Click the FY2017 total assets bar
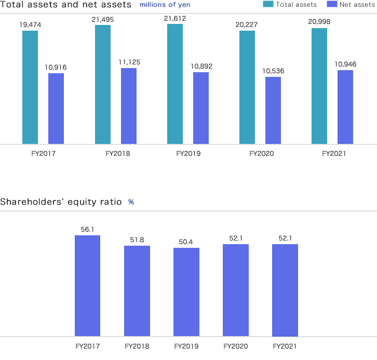click(30, 87)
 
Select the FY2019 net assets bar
click(201, 108)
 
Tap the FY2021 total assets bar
click(319, 86)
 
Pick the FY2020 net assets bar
click(273, 110)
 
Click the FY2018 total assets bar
click(103, 84)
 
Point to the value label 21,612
click(176, 18)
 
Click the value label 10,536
click(274, 71)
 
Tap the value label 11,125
click(129, 62)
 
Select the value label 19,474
click(31, 24)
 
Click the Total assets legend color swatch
click(268, 4)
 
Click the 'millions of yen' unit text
click(165, 5)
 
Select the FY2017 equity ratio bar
click(87, 286)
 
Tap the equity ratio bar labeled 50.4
click(186, 292)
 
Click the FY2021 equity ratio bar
click(285, 290)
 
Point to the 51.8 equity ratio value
click(137, 239)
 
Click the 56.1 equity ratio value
click(87, 229)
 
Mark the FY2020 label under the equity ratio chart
click(235, 346)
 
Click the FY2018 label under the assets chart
click(117, 154)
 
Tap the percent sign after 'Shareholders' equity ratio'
click(131, 202)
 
